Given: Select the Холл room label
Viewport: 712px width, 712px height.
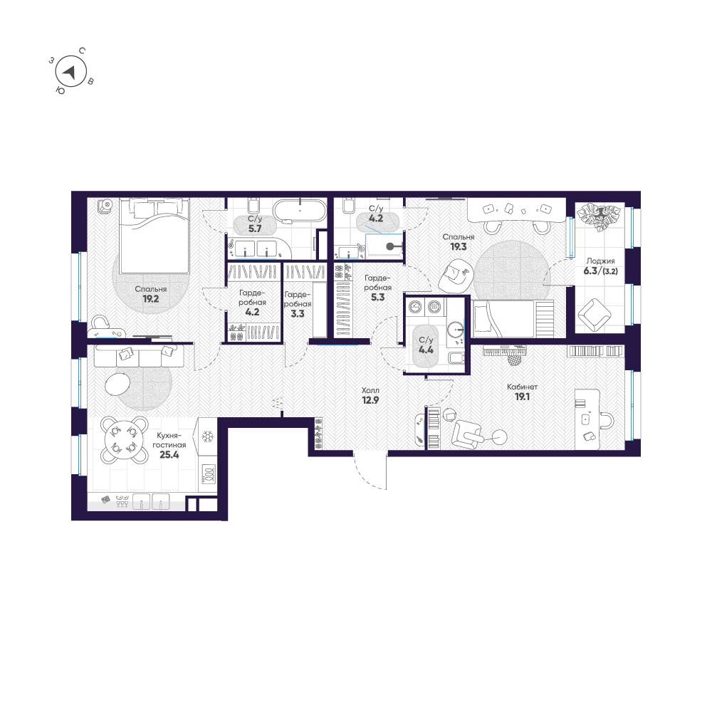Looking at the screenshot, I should [x=370, y=391].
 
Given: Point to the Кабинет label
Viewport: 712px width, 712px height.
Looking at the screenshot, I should [x=522, y=387].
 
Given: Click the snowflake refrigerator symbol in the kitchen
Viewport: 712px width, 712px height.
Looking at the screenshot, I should [x=209, y=436].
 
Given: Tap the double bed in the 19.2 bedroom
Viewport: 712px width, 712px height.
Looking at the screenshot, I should [x=154, y=235].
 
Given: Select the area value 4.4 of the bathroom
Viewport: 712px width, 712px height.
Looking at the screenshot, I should [x=426, y=350].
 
